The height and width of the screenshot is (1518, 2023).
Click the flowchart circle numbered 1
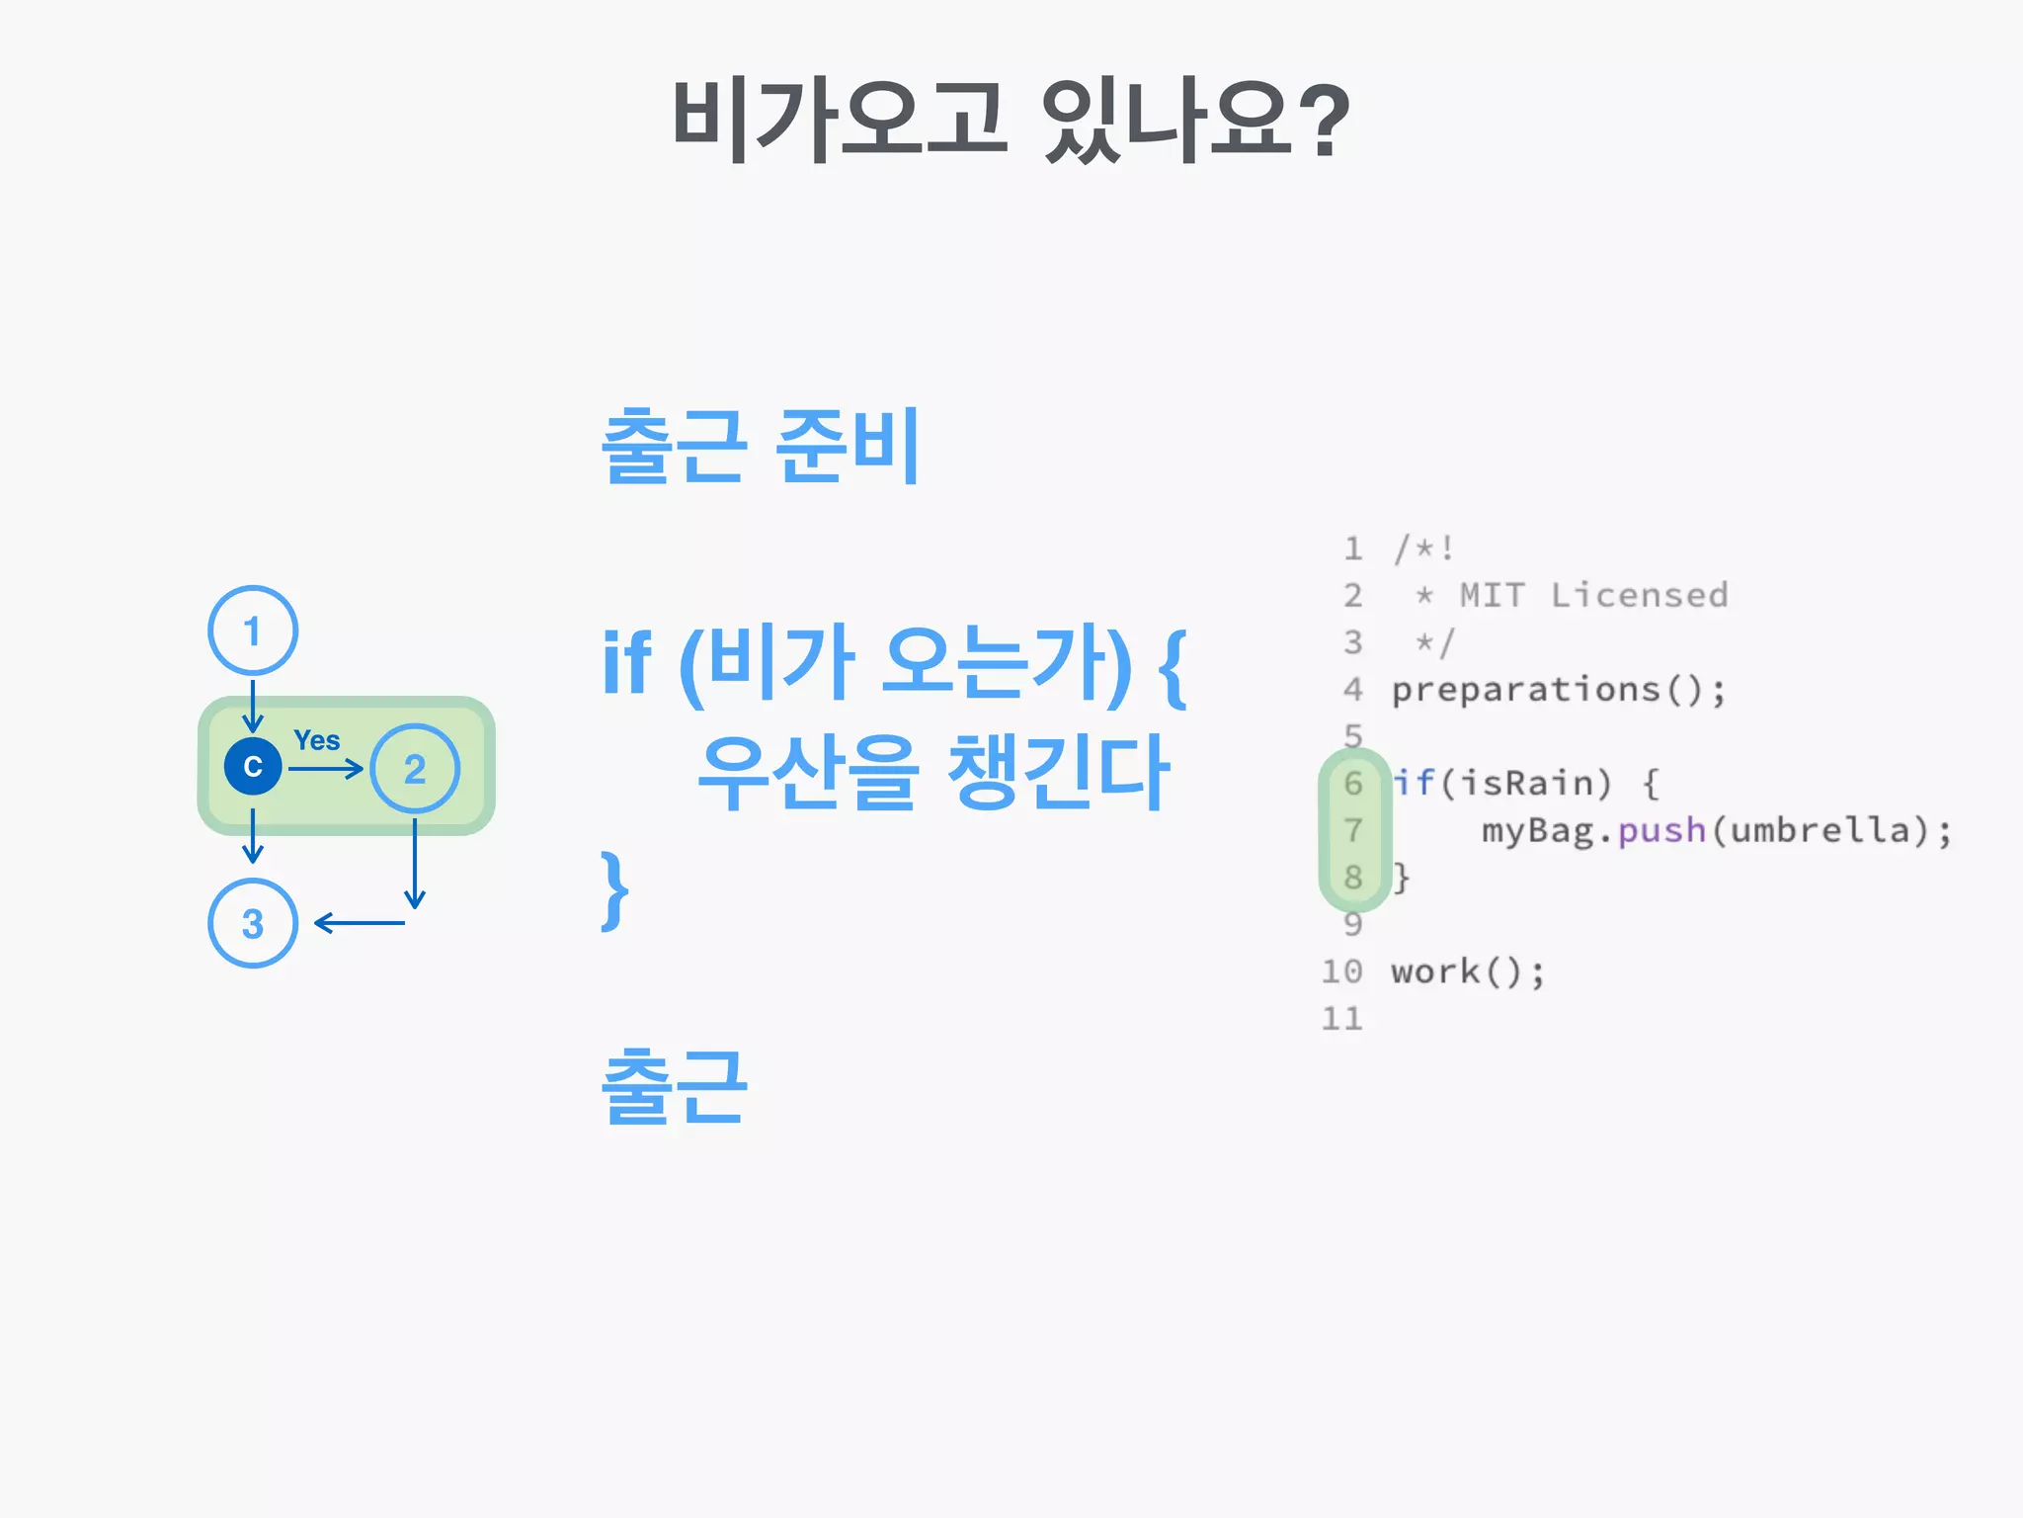[253, 631]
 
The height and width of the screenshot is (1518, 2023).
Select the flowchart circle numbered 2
[415, 768]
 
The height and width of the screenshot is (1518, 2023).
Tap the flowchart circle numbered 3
[253, 923]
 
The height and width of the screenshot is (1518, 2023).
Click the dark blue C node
[253, 766]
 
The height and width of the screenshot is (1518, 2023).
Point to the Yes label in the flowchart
[316, 740]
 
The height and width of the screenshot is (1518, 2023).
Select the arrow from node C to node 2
[326, 768]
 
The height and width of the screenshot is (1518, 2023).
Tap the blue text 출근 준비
[761, 447]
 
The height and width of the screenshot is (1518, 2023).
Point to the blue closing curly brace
[614, 889]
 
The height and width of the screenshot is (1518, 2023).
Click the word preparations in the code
[1526, 690]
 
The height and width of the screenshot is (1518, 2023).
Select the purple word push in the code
[1661, 831]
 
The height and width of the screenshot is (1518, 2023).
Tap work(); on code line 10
[1467, 972]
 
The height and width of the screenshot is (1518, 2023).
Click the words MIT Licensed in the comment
[1593, 596]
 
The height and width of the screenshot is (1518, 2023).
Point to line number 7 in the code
[1353, 831]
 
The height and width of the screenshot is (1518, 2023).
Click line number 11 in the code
[1342, 1019]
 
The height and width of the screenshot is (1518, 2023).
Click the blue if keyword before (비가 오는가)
[626, 662]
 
